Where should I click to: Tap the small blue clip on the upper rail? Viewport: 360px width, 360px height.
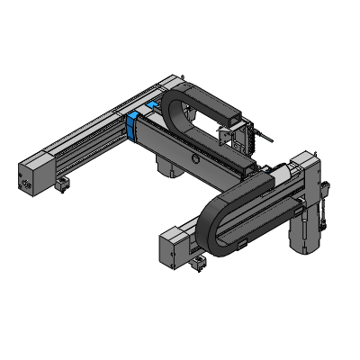click(x=151, y=106)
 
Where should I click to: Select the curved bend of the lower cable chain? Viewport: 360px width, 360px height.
click(x=212, y=225)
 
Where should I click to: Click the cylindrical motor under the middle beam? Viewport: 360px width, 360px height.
click(x=167, y=167)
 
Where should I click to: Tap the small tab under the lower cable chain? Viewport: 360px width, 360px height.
click(x=240, y=245)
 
